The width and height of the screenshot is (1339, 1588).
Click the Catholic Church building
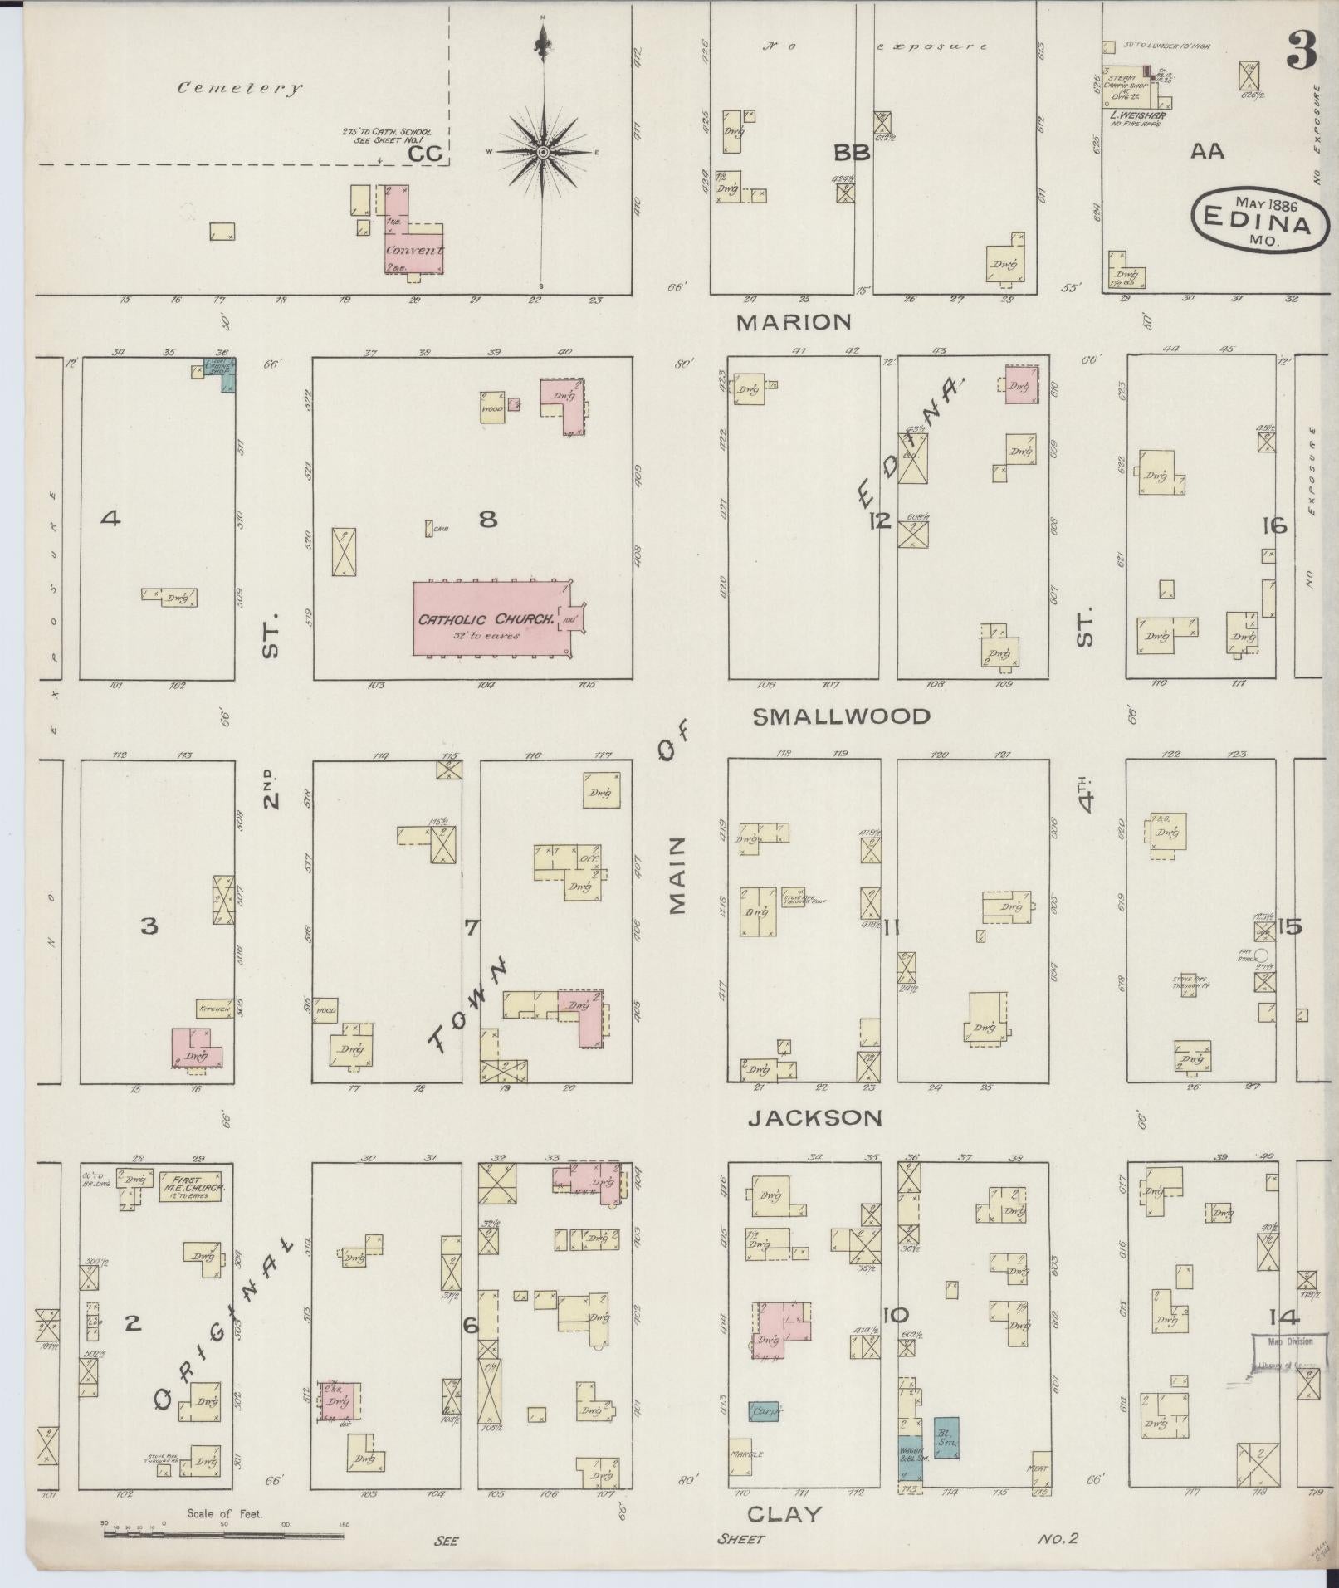tap(490, 619)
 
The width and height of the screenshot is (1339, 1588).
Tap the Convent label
tap(413, 250)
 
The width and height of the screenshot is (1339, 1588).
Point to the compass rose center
tap(543, 152)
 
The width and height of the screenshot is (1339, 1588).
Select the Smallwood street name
tap(841, 716)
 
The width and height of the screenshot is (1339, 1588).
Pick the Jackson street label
tap(814, 1118)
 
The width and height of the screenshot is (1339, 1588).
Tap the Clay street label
tap(784, 1514)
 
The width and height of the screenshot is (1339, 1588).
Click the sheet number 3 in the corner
tap(1301, 51)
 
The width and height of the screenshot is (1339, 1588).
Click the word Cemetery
tap(239, 88)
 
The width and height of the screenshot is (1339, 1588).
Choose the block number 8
tap(488, 520)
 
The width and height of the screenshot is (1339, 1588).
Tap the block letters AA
tap(1208, 152)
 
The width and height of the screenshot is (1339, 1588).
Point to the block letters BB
tap(852, 153)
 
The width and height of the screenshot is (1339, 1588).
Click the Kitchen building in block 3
tap(214, 1009)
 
